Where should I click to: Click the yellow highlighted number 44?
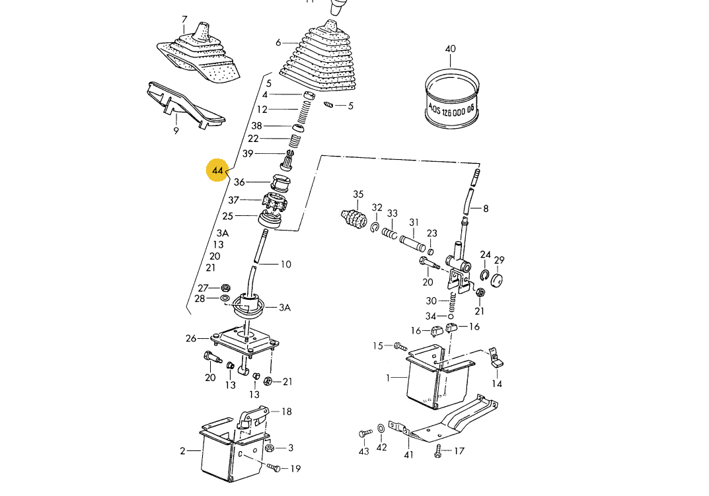pos(217,172)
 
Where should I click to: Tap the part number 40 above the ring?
pos(451,50)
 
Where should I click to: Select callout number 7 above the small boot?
pos(184,19)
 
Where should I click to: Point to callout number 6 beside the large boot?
pos(278,42)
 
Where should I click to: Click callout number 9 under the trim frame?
pos(176,131)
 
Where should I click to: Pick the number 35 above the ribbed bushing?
pos(358,194)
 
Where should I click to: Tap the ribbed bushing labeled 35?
pos(354,219)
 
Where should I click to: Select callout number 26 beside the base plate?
pos(191,339)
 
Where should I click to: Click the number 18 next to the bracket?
pos(286,411)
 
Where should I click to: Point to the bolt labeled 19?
pos(275,468)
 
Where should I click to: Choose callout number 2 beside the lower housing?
pos(182,451)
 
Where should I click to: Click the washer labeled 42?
pos(382,431)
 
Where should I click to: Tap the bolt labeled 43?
pos(362,433)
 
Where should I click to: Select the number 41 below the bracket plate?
pos(408,454)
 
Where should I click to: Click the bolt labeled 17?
pos(439,452)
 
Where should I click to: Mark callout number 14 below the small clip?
pos(497,384)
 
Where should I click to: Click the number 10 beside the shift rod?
pos(285,265)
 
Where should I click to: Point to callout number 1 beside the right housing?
pos(390,378)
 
